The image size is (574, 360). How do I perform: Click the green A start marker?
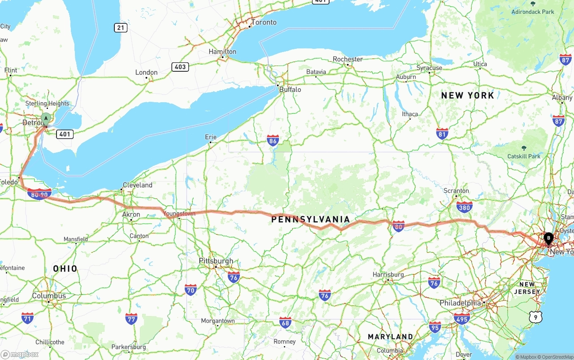tap(45, 119)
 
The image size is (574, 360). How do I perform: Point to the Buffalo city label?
tap(290, 90)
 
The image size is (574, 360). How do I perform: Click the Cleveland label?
tap(138, 185)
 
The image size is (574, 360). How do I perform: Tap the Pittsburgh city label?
tap(216, 261)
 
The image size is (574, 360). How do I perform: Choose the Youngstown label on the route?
tap(179, 214)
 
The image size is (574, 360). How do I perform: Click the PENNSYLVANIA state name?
tap(310, 219)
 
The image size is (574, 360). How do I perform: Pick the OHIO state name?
tap(65, 269)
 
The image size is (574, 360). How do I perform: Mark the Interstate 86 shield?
tap(273, 141)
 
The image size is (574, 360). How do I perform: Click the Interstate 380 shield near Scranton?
tap(464, 207)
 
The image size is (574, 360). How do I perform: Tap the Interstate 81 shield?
tap(442, 134)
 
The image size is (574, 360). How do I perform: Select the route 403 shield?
tap(180, 67)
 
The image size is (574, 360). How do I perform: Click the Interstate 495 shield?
tap(461, 319)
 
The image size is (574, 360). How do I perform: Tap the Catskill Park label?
tap(524, 156)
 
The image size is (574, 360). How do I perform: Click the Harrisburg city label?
tap(388, 274)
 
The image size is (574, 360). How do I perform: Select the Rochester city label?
tap(348, 59)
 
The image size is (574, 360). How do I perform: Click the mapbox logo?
tap(20, 354)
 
